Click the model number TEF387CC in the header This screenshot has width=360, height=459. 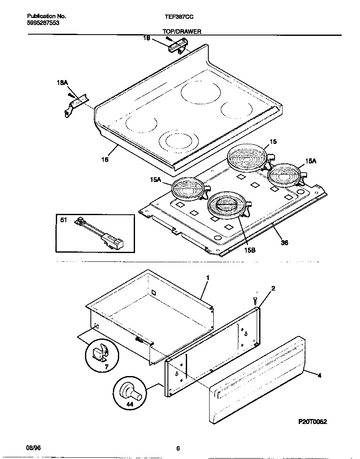coord(180,16)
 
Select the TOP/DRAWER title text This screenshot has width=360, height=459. coord(182,31)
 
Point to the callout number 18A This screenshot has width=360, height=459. coord(62,83)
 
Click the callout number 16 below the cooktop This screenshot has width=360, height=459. coord(105,159)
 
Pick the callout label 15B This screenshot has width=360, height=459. coord(249,250)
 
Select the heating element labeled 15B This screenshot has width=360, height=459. coord(225,204)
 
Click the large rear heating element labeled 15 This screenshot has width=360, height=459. coord(246,158)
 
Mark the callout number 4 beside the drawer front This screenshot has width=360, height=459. coord(320,376)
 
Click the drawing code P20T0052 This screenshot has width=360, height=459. coord(312,421)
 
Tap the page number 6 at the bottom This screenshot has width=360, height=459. coord(178,449)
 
